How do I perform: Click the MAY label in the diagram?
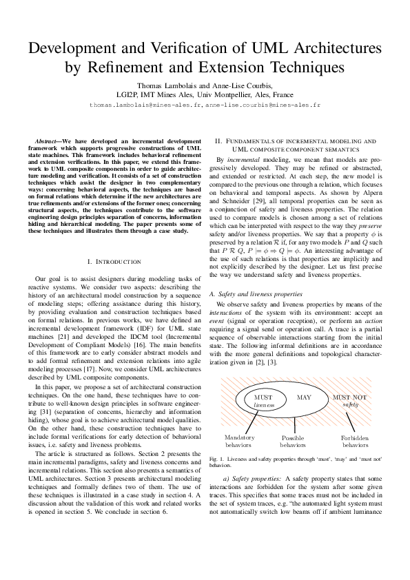point(303,397)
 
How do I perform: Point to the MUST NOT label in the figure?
point(350,397)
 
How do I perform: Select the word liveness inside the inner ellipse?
point(263,406)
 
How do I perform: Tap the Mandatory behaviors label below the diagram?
point(240,442)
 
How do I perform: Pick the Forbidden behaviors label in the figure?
point(355,442)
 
